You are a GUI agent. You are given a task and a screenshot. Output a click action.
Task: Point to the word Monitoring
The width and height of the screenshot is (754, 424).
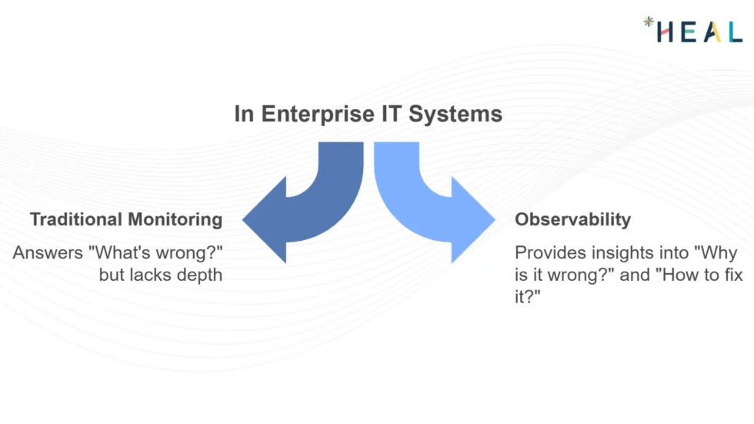coord(175,219)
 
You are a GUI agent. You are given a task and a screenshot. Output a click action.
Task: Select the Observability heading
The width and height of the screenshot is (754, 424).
coord(572,219)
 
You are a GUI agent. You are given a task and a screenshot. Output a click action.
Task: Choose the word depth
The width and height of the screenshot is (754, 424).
coord(199,274)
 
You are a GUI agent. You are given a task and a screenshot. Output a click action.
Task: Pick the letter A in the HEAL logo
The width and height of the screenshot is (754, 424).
coord(711,32)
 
